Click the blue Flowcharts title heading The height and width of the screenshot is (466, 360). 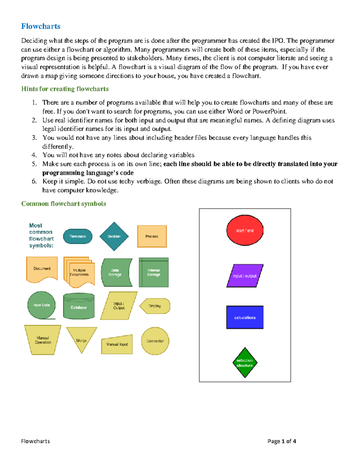41,26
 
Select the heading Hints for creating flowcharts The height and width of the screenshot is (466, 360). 65,89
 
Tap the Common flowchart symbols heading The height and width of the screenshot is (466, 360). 64,204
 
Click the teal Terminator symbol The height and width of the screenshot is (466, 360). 78,236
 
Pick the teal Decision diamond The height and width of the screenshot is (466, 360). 114,236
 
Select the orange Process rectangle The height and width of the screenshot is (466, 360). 152,236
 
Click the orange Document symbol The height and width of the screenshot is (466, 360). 42,269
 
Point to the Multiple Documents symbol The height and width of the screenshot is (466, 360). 79,272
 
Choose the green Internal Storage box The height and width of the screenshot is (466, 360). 154,272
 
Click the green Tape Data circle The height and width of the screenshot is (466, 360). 41,305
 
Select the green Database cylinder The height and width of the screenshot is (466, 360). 79,306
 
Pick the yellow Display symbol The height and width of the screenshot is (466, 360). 155,306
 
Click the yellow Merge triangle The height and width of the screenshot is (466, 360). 82,338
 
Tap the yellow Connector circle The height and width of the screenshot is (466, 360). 155,341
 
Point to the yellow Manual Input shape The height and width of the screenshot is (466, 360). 117,345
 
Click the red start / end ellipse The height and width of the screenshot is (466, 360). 245,230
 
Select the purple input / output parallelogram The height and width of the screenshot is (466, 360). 245,276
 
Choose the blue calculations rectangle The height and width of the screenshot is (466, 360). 245,317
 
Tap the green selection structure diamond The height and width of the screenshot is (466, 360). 245,363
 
